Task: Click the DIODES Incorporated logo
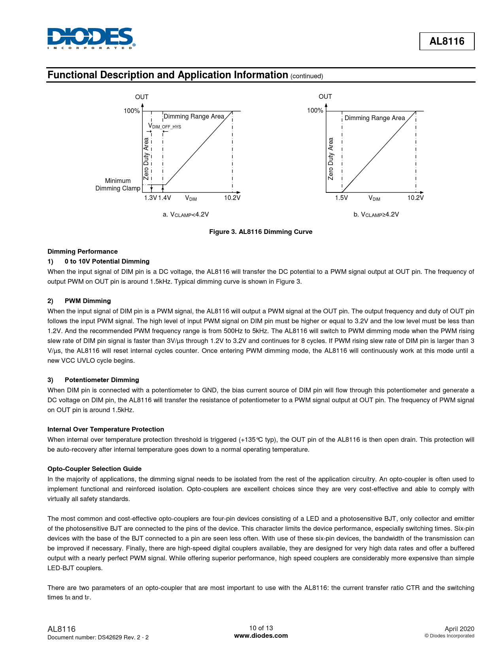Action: point(91,38)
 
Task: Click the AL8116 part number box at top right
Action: point(447,41)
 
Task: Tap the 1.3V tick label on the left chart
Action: point(150,198)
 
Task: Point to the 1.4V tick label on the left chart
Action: point(164,198)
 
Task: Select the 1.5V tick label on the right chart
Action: point(341,198)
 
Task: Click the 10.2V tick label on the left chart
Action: point(232,198)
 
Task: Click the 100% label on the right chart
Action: point(315,111)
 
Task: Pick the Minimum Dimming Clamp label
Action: point(118,185)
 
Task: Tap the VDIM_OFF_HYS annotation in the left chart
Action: point(164,126)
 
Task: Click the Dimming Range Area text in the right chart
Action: point(374,118)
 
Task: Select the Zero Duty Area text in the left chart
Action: point(146,158)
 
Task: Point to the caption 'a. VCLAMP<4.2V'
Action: point(186,215)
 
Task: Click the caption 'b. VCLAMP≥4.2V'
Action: point(376,215)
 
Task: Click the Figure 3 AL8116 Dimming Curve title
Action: point(260,232)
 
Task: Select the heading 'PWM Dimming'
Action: point(88,301)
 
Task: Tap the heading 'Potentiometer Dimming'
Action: point(102,380)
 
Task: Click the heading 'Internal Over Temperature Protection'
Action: point(106,430)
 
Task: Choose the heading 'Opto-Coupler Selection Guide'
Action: point(94,469)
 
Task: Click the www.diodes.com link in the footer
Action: point(261,636)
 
